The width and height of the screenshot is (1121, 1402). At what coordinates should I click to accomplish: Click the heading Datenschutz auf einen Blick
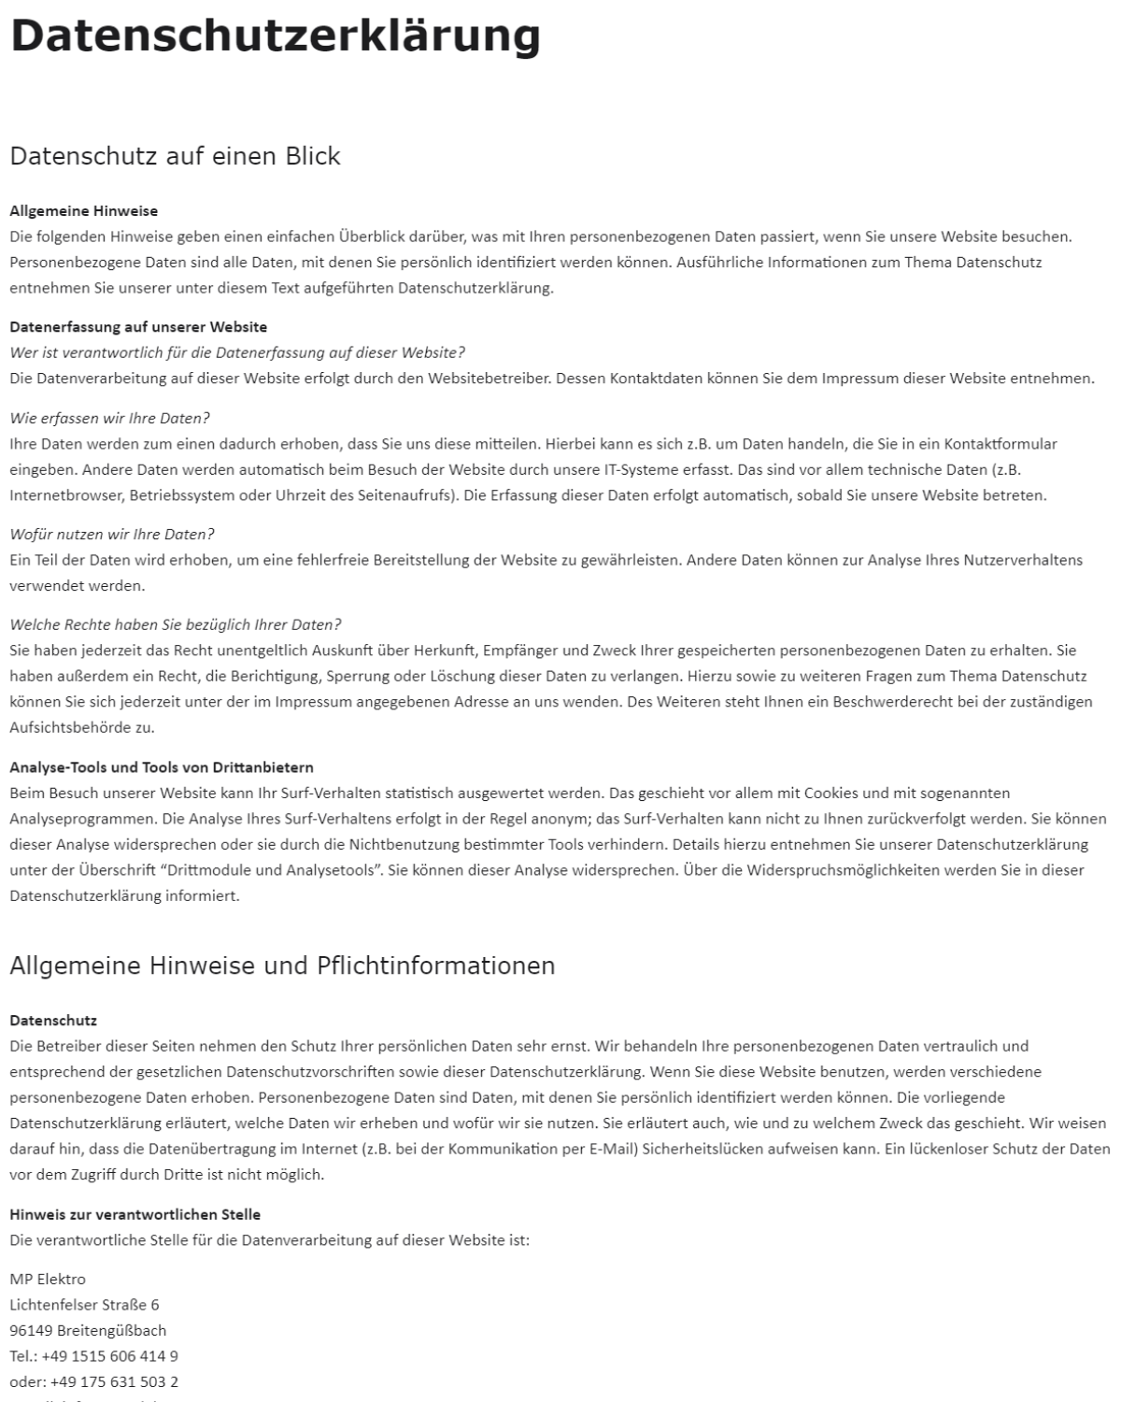175,156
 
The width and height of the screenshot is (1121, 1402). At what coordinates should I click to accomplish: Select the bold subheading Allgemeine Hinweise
83,211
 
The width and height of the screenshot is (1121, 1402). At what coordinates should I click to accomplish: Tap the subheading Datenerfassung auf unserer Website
138,327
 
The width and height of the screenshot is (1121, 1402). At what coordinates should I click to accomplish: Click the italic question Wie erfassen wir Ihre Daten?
109,418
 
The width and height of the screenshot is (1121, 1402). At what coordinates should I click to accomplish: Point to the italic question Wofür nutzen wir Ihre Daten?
112,535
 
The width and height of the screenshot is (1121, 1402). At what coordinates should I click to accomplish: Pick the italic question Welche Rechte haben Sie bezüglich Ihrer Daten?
176,624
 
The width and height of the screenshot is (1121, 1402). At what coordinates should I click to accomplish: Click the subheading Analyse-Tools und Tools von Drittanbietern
162,767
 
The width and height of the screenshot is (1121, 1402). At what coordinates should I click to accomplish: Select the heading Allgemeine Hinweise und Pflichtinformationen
282,966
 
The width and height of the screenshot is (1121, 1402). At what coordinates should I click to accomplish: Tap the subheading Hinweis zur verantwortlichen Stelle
135,1214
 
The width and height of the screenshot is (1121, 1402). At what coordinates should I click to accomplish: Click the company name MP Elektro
48,1279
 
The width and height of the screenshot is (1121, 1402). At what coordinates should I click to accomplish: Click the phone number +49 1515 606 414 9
110,1356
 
